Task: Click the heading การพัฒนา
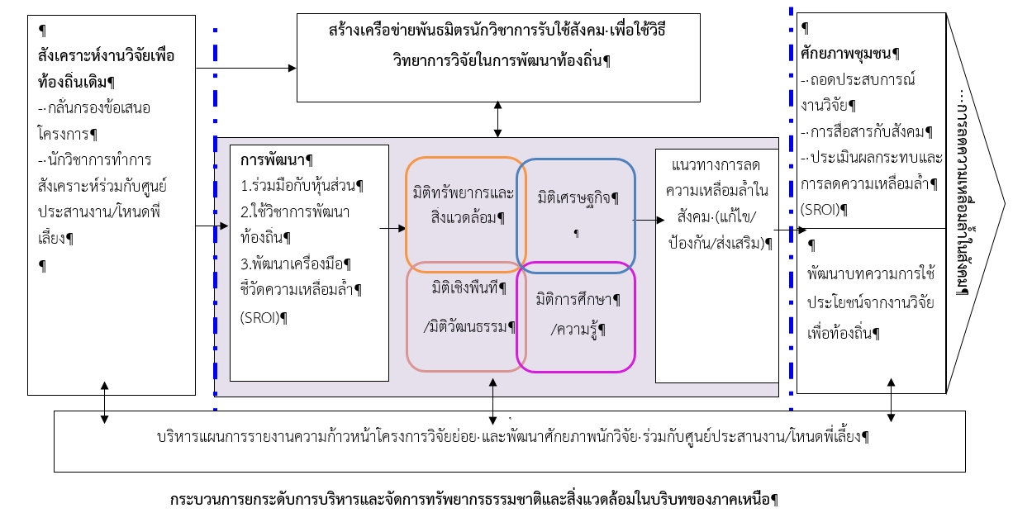point(276,160)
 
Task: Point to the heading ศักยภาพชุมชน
point(849,54)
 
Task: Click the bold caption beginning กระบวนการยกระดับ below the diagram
point(473,500)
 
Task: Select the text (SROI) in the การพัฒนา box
point(264,318)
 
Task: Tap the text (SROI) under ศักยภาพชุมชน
point(824,209)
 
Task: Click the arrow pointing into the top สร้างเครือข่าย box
point(246,69)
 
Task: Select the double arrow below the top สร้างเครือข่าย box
point(497,119)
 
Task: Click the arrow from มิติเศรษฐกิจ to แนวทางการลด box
point(649,220)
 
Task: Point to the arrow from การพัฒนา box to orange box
point(392,229)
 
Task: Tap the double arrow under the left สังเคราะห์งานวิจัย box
point(104,403)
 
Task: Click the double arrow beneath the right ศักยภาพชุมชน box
point(891,401)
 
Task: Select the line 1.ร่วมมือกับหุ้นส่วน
point(302,186)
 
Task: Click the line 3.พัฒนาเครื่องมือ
point(296,264)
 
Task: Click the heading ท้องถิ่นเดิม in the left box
point(76,83)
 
